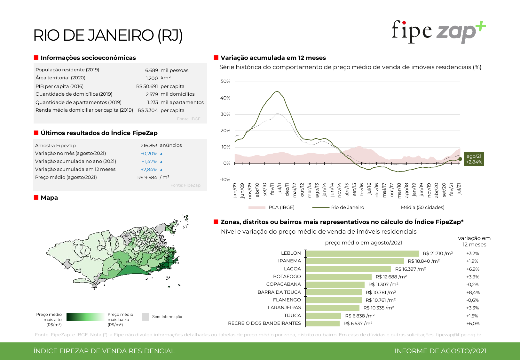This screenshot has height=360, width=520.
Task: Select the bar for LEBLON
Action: pos(362,253)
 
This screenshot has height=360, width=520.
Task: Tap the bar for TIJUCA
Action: pos(323,316)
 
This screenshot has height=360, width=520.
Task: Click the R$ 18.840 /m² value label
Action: pos(424,261)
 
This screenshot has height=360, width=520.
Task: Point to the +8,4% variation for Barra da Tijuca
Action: pos(473,292)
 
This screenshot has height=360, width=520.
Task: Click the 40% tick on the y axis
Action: pos(225,98)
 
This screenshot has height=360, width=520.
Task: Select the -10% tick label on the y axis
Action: pos(225,180)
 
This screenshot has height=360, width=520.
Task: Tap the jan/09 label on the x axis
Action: pos(235,190)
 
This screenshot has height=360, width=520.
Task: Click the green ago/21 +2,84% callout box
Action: pos(474,159)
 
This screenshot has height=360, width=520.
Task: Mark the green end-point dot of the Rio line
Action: pos(460,159)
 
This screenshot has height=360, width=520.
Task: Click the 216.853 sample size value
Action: pos(149,146)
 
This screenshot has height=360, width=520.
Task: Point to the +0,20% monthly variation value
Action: pos(149,154)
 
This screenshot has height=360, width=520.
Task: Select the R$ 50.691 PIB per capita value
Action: pos(147,86)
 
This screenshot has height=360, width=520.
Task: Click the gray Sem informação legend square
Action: pos(146,317)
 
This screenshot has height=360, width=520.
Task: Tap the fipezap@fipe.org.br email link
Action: pos(458,335)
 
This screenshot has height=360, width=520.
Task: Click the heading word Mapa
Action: pos(49,198)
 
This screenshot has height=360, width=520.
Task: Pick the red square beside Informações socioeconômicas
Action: pos(36,58)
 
